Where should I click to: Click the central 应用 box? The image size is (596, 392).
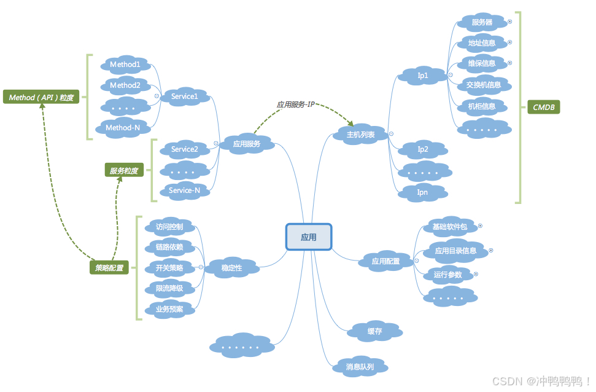[308, 237]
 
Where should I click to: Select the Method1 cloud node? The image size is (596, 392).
[125, 64]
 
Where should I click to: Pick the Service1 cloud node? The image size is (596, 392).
[185, 96]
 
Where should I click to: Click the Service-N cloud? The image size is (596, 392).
[185, 190]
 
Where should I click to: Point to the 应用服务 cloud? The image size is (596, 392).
[246, 144]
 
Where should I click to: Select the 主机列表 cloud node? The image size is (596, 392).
[361, 134]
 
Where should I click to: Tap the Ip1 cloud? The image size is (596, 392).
[423, 76]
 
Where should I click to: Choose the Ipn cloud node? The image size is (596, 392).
[423, 192]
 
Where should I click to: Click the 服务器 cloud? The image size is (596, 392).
[482, 22]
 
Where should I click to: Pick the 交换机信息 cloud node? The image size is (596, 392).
[484, 85]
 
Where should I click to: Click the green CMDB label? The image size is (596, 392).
[543, 108]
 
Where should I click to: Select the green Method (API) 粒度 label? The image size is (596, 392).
[41, 97]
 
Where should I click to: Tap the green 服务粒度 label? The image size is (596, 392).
[124, 171]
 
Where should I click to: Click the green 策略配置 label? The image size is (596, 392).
[109, 268]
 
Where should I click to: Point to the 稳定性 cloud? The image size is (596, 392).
[231, 268]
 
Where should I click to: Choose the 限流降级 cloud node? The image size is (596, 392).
[169, 288]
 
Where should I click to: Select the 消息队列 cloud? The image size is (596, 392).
[360, 367]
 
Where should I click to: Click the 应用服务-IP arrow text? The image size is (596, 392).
[295, 105]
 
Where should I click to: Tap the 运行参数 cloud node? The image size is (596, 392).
[447, 274]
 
